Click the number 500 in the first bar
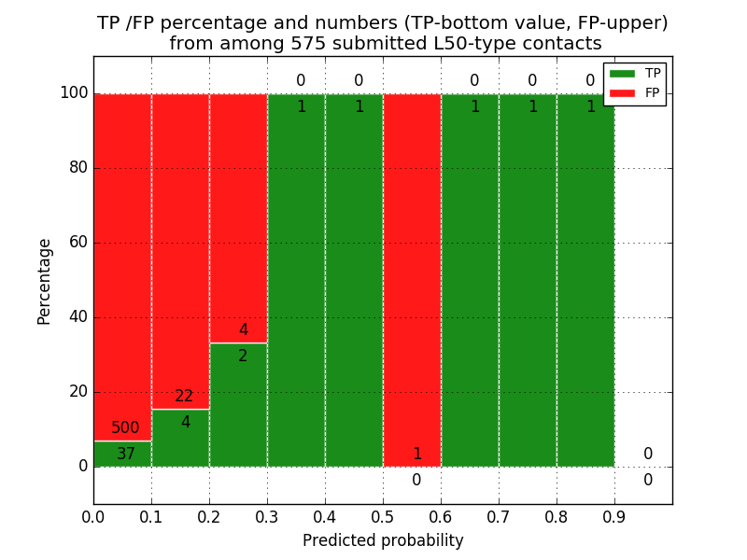tap(125, 428)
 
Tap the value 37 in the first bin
tap(125, 455)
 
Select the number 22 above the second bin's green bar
tap(184, 397)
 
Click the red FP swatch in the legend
tap(622, 92)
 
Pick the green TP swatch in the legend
tap(622, 73)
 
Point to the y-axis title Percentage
tap(45, 281)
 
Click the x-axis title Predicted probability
tap(383, 540)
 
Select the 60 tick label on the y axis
tap(77, 243)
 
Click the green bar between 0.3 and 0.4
tap(296, 280)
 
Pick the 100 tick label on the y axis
tap(74, 93)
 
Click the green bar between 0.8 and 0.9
tap(585, 280)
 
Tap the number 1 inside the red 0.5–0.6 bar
tap(416, 455)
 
